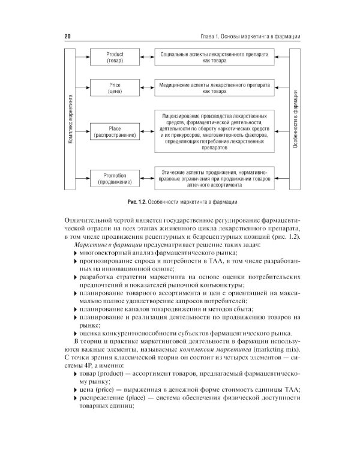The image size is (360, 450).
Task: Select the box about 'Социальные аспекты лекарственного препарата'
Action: [214, 58]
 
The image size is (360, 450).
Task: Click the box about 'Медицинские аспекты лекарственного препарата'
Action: [214, 88]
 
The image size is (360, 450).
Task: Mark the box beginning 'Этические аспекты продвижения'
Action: [214, 178]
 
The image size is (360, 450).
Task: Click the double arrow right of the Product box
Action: [146, 58]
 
